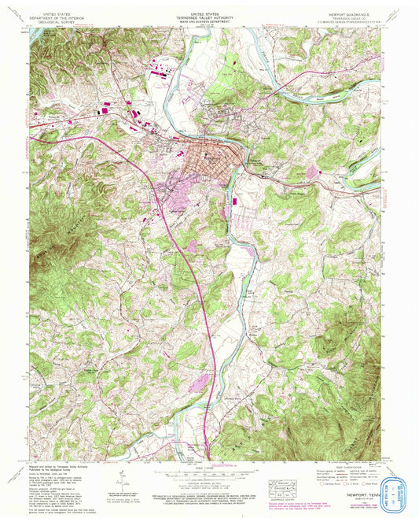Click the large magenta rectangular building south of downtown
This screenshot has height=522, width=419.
tap(235, 202)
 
